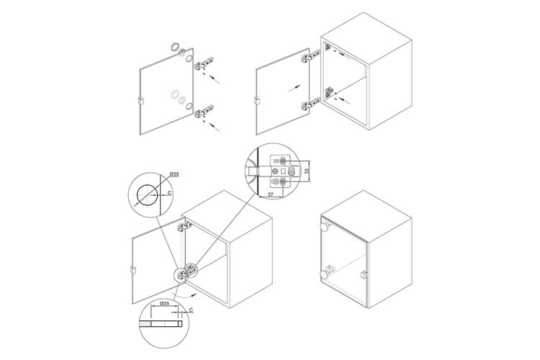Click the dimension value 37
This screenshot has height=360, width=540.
271,194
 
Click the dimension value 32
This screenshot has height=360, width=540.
307,171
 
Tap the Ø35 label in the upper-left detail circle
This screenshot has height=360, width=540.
174,175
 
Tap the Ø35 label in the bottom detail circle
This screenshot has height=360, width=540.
165,304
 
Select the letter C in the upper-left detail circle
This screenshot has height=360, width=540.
169,193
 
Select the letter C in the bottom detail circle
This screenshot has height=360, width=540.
191,310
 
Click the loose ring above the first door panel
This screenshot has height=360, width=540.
175,46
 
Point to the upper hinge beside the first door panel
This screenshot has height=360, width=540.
204,63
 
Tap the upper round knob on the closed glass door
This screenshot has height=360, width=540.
325,227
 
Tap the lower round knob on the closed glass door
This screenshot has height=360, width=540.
325,274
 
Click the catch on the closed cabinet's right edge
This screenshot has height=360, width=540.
363,274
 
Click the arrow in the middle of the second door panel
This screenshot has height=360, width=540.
294,88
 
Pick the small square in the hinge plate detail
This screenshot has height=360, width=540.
283,171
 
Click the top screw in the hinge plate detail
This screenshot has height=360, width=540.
283,161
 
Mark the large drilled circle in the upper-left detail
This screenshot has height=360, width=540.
146,194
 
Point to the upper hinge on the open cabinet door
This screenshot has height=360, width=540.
184,226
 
